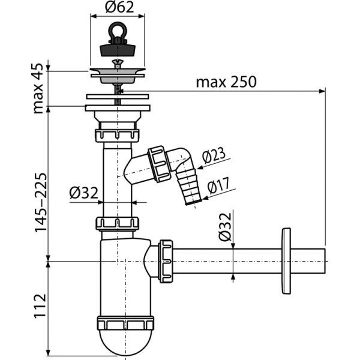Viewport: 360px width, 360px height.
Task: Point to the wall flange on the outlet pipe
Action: coord(285,261)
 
